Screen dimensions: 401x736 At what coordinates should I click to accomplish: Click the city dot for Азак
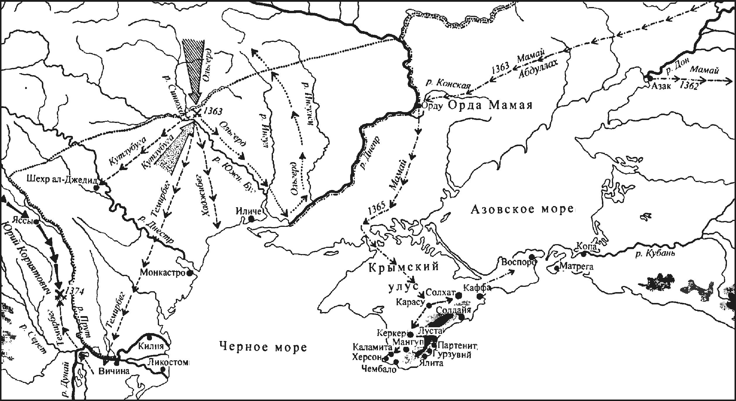[x=649, y=78]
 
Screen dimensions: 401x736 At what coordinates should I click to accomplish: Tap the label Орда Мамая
[x=490, y=106]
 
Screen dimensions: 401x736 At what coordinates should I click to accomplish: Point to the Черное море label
[x=263, y=348]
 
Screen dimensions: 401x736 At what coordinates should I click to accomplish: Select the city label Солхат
[x=441, y=292]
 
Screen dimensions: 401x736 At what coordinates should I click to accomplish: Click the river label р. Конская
[x=448, y=85]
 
